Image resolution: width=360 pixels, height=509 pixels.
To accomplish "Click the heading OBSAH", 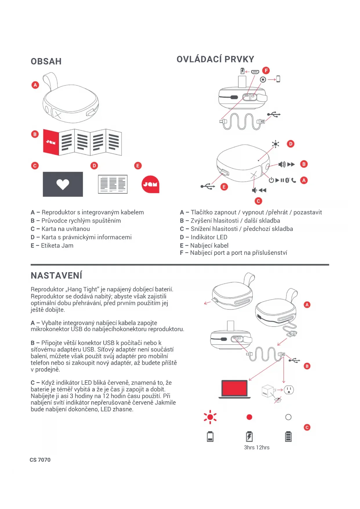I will point(46,62).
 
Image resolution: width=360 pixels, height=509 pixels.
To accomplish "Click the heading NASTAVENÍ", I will point(57,275).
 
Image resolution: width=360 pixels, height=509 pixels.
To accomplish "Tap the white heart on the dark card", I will point(63,184).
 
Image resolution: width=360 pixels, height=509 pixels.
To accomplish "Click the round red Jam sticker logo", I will point(150,184).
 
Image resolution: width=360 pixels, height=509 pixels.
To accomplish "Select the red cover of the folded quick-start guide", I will point(51,142).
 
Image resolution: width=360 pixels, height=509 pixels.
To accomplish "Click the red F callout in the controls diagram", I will point(266,71).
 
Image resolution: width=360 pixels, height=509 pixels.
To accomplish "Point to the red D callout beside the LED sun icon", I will point(290,144).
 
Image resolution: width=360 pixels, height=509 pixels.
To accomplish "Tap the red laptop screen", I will point(234,388).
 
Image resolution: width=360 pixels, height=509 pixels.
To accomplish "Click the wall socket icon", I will point(289,390).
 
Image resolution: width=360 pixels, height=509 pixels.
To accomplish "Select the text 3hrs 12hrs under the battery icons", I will point(256,447).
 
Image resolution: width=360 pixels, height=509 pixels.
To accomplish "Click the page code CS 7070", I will point(40,460).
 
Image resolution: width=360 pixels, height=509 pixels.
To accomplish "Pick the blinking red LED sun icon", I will point(210,417).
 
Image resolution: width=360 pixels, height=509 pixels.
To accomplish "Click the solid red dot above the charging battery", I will point(249,417).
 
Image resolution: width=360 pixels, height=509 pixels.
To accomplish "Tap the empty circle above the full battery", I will point(288,417).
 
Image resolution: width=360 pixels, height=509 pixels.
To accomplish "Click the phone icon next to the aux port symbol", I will point(278,79).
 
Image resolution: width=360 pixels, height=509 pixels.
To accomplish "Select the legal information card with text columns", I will point(113,184).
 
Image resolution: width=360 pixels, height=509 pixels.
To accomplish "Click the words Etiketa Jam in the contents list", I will point(57,246).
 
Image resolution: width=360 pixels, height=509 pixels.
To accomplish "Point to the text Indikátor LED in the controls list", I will point(209,237).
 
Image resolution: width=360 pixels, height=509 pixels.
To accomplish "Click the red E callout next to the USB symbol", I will point(224,187).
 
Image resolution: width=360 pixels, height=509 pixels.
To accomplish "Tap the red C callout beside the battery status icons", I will point(307,427).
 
